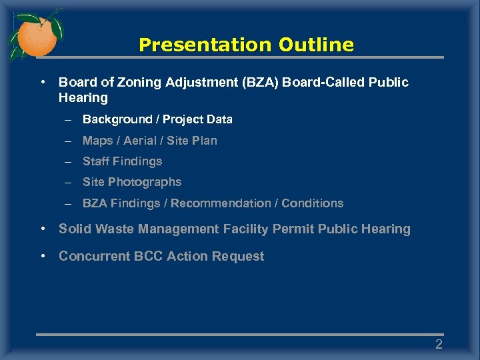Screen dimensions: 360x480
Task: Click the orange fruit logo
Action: (x=37, y=35)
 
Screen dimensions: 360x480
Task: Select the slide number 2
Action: (x=439, y=345)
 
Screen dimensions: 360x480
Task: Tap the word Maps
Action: (x=97, y=141)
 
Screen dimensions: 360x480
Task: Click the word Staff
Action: (x=97, y=161)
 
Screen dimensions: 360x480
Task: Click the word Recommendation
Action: (x=221, y=203)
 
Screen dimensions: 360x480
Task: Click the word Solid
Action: (x=75, y=229)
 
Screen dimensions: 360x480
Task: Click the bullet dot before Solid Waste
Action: (x=43, y=229)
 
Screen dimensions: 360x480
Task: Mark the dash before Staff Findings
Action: (x=68, y=162)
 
